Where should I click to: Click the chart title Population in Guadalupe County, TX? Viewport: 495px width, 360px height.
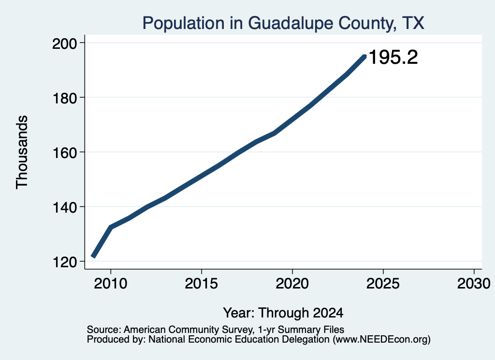coord(283,23)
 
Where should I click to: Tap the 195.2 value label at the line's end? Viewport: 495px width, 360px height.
coord(393,57)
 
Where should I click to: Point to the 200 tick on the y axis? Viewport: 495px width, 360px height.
coord(64,43)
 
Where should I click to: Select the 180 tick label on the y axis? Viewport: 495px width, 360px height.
coord(64,98)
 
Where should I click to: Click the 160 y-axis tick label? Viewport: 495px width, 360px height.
coord(64,152)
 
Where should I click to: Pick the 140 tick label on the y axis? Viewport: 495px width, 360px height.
coord(64,207)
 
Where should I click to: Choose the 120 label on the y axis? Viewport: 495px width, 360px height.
coord(64,262)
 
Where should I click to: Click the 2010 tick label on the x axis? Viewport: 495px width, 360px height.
coord(111,284)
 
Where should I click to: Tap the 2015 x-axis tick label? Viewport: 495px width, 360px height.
coord(202,284)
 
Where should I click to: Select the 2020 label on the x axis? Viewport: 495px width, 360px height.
coord(292,284)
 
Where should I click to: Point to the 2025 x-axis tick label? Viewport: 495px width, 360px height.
coord(383,284)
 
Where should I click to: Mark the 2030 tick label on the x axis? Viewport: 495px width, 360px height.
coord(474,284)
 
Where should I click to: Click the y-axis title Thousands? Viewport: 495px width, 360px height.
coord(22,152)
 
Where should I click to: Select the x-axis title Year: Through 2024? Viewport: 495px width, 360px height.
coord(283,313)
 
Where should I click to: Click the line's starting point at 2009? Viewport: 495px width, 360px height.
coord(93,257)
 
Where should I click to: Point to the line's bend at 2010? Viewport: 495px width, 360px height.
coord(111,227)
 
